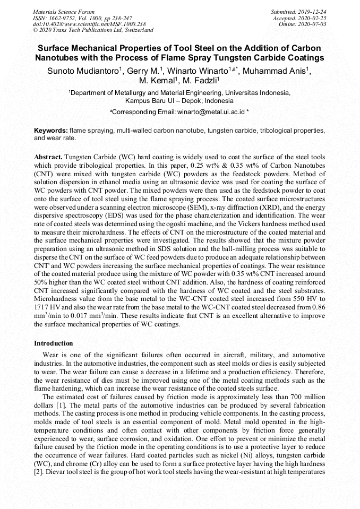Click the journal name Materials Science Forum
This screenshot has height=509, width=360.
tap(64, 12)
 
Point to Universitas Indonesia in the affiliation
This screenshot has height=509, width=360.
tap(259, 92)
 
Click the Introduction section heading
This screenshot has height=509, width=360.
tap(54, 343)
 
